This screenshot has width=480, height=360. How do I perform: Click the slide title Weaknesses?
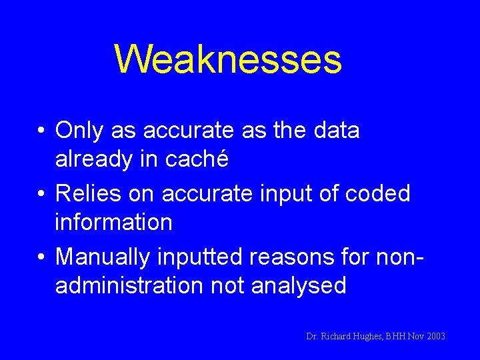(x=228, y=59)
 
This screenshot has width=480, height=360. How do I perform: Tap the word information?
(x=114, y=222)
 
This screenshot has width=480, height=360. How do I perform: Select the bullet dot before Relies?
(x=41, y=195)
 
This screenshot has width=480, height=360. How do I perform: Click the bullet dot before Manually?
(x=41, y=257)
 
